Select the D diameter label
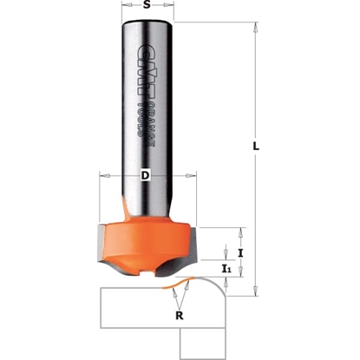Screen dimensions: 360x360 (146, 177)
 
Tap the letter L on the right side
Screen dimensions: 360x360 (255, 147)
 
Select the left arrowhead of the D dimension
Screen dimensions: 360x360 (101, 177)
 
